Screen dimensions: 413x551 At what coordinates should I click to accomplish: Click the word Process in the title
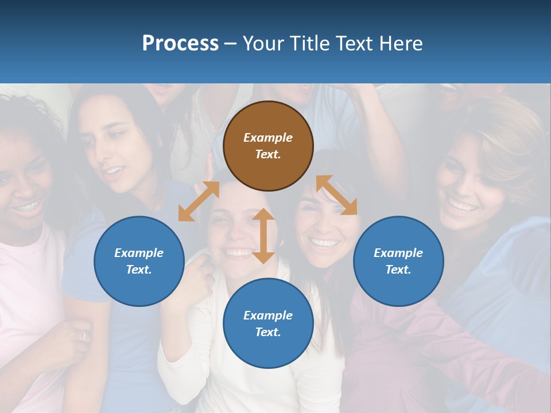[180, 44]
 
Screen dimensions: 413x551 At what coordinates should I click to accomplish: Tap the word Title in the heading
[310, 44]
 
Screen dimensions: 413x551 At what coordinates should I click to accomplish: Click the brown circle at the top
[268, 146]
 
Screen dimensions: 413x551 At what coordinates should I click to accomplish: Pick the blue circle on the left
[139, 261]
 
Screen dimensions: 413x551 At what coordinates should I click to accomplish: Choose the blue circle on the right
[398, 261]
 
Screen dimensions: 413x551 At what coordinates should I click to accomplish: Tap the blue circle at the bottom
[268, 324]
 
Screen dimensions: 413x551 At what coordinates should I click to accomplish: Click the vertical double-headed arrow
[263, 236]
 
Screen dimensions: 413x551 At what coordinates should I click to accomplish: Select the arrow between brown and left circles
[199, 201]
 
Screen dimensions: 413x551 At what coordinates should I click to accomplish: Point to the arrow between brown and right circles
[337, 195]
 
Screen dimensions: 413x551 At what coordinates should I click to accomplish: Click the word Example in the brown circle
[268, 138]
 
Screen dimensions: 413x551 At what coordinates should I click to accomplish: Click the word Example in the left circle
[139, 253]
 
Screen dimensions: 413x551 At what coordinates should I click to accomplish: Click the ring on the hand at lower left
[84, 336]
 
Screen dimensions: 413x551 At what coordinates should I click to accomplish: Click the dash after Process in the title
[230, 44]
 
